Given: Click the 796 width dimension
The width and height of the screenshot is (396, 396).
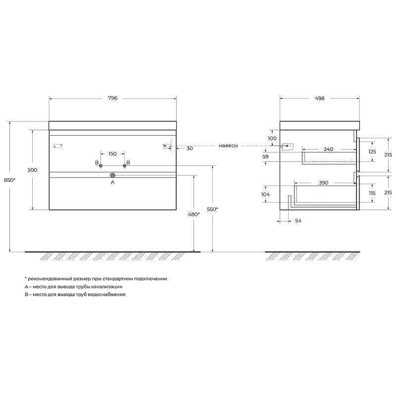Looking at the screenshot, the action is pos(112,98).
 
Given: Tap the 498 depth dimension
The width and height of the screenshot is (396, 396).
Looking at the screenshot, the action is pos(319,98).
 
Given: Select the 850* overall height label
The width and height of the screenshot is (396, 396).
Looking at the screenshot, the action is pos(9,180).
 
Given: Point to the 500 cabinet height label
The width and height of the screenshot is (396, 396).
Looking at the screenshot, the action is pos(32,170).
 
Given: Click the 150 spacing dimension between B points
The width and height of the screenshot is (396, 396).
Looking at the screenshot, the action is pos(112,153).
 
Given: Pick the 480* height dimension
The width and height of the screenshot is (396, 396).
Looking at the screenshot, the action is pos(194,214).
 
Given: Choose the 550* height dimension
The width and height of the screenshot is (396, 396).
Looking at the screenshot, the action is pos(212,209).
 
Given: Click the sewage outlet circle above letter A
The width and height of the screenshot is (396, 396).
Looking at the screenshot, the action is pos(113,175).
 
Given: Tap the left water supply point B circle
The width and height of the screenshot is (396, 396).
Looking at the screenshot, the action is pos(101,166).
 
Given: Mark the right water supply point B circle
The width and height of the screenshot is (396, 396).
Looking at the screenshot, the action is pos(124,166).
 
